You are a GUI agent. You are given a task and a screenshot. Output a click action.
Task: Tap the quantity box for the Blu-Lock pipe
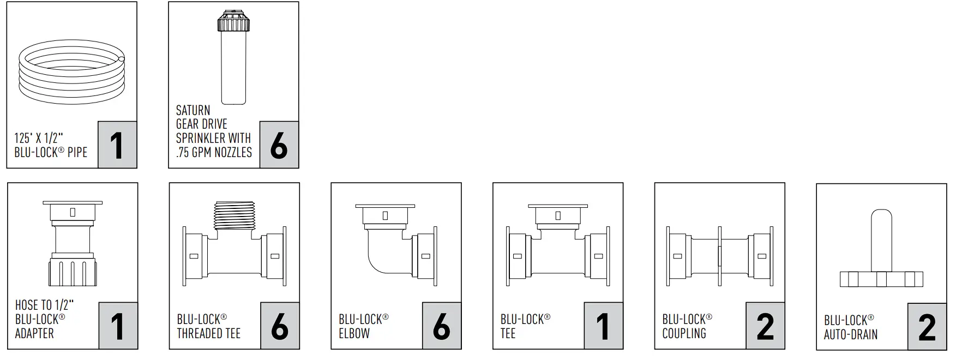117,145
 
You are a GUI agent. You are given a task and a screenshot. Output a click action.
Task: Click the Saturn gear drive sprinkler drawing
233,57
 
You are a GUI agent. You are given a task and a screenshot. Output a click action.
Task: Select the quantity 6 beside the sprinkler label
279,145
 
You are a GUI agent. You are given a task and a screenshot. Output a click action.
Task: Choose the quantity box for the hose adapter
118,326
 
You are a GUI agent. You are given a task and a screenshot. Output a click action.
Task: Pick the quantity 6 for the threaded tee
280,326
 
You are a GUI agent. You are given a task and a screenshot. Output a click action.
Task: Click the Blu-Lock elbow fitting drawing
395,242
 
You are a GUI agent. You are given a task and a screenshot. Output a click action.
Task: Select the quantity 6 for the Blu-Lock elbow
441,326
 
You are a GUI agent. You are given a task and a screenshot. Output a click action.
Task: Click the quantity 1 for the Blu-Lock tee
603,326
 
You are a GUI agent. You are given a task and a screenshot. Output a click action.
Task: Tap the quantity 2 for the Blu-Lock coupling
765,326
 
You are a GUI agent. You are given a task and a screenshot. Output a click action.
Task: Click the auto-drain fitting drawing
881,251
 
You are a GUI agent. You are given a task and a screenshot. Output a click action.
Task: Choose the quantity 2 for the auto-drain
927,327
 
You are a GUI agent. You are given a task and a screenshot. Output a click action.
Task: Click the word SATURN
193,110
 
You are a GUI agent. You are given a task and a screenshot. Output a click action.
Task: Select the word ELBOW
354,333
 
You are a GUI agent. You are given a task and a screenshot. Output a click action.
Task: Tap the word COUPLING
684,333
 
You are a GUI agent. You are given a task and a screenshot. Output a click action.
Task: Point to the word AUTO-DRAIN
851,334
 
